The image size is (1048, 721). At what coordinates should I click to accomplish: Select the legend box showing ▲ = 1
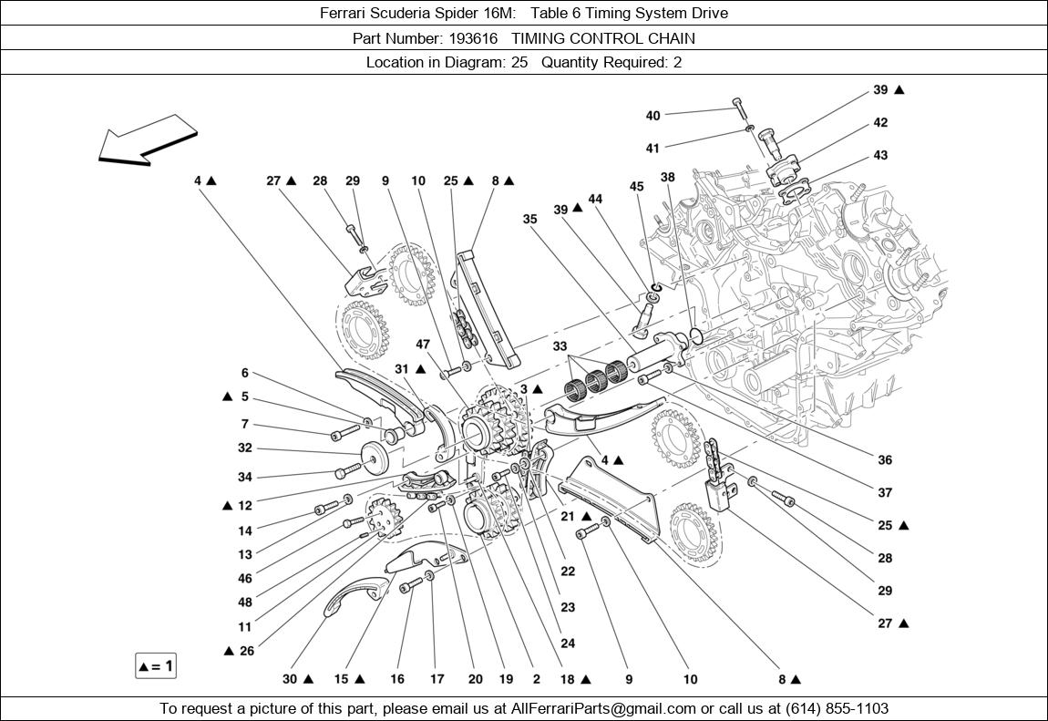click(x=155, y=666)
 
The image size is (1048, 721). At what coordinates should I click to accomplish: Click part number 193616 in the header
click(x=473, y=38)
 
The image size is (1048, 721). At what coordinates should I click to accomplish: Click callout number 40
click(x=652, y=116)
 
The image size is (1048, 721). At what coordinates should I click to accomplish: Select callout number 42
click(x=880, y=122)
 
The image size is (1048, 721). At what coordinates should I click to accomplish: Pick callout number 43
click(x=880, y=155)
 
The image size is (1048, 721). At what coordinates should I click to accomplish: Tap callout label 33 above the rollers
click(x=560, y=346)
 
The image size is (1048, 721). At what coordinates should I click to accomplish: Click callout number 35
click(x=530, y=219)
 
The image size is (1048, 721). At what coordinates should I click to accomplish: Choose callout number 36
click(x=885, y=460)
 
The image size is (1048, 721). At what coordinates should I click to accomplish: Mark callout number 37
click(x=885, y=493)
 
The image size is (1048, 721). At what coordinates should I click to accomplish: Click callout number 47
click(x=423, y=344)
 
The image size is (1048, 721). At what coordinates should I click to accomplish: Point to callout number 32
click(x=244, y=448)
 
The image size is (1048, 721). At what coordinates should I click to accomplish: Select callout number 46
click(x=244, y=578)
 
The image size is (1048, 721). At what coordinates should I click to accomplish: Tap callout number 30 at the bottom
click(x=290, y=679)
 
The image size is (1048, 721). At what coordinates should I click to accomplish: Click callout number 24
click(x=568, y=644)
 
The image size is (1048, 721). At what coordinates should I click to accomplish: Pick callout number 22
click(x=568, y=572)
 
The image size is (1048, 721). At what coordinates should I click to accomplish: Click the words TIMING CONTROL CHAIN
click(x=603, y=38)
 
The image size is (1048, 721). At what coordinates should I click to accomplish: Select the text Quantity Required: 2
click(x=611, y=62)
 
